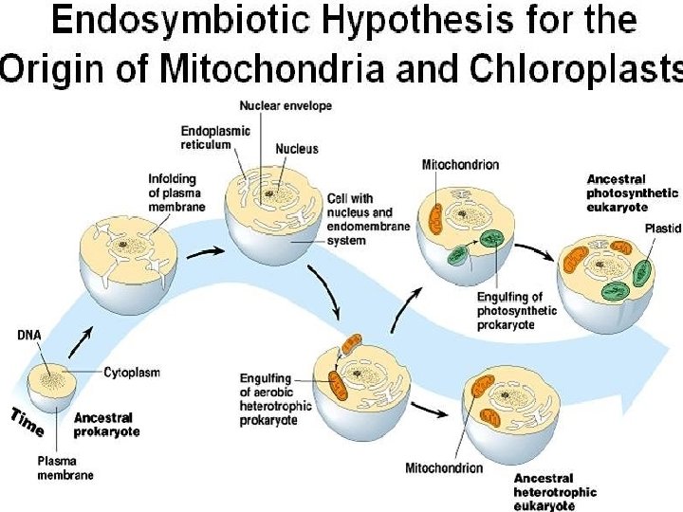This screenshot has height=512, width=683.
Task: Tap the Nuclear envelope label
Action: (286, 106)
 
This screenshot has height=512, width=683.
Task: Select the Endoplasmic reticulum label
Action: (215, 137)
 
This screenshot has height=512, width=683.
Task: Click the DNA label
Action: (28, 334)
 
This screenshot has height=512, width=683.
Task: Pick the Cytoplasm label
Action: (131, 372)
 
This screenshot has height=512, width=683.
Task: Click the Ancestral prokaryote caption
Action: (106, 424)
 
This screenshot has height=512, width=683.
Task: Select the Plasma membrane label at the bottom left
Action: (65, 467)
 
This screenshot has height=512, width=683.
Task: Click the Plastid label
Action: (662, 228)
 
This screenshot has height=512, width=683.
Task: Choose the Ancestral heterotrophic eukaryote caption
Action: (555, 492)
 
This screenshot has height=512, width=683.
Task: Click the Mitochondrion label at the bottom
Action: (444, 467)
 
